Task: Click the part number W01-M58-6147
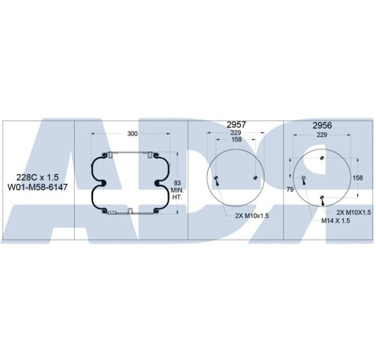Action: click(x=38, y=187)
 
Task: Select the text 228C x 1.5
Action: click(x=37, y=177)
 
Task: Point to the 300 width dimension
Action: click(x=132, y=134)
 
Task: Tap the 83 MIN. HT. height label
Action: click(x=177, y=190)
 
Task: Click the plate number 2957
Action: click(x=236, y=125)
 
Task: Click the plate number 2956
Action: click(x=322, y=125)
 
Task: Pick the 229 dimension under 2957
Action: click(x=235, y=133)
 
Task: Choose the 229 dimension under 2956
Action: click(x=322, y=135)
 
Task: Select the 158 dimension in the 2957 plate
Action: click(x=236, y=139)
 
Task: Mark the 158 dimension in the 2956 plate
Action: click(x=357, y=178)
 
